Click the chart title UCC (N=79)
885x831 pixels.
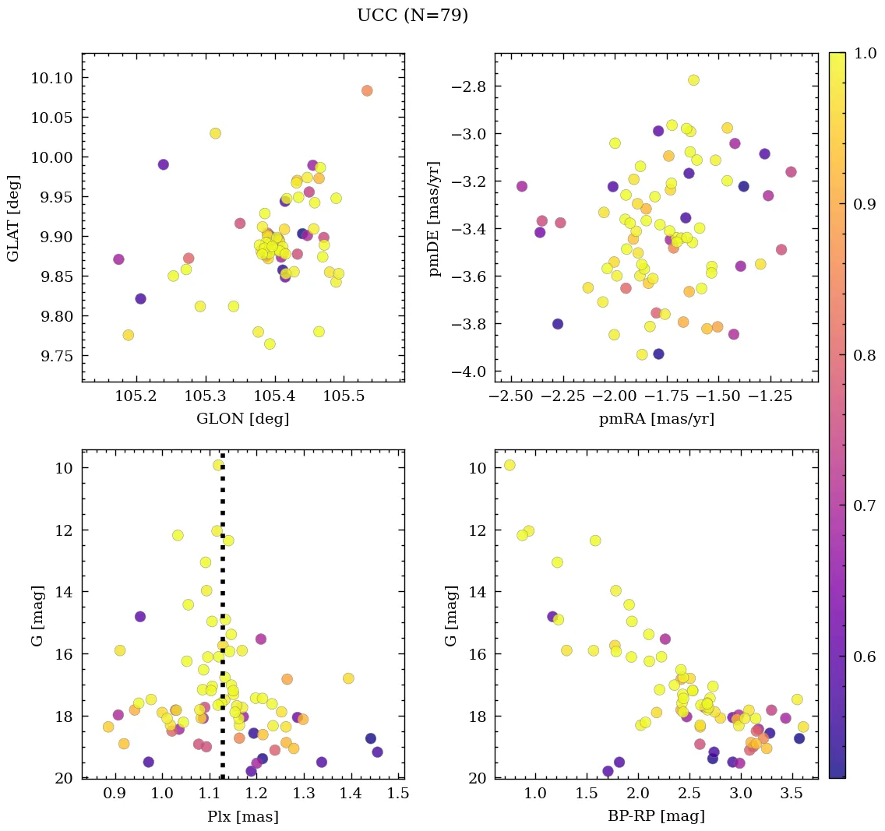412,16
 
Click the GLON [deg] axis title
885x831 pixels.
242,419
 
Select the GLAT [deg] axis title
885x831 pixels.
14,217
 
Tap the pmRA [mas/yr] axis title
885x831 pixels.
656,419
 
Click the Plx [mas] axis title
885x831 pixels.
242,817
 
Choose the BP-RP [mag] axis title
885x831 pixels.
656,817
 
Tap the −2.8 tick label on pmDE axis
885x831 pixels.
468,86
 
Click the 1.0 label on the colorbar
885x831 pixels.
866,54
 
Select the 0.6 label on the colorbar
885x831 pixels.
866,657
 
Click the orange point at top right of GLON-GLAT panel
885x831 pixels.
367,90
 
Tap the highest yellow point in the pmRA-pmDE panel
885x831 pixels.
693,80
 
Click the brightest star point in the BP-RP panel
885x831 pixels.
509,465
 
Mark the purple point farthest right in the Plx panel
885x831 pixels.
377,752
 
